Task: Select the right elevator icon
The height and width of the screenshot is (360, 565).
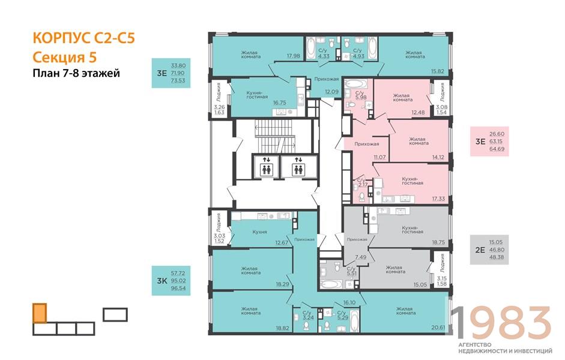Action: [x=297, y=166]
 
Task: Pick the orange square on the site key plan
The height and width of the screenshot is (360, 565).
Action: [x=39, y=313]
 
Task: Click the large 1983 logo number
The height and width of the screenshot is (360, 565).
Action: [x=501, y=323]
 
